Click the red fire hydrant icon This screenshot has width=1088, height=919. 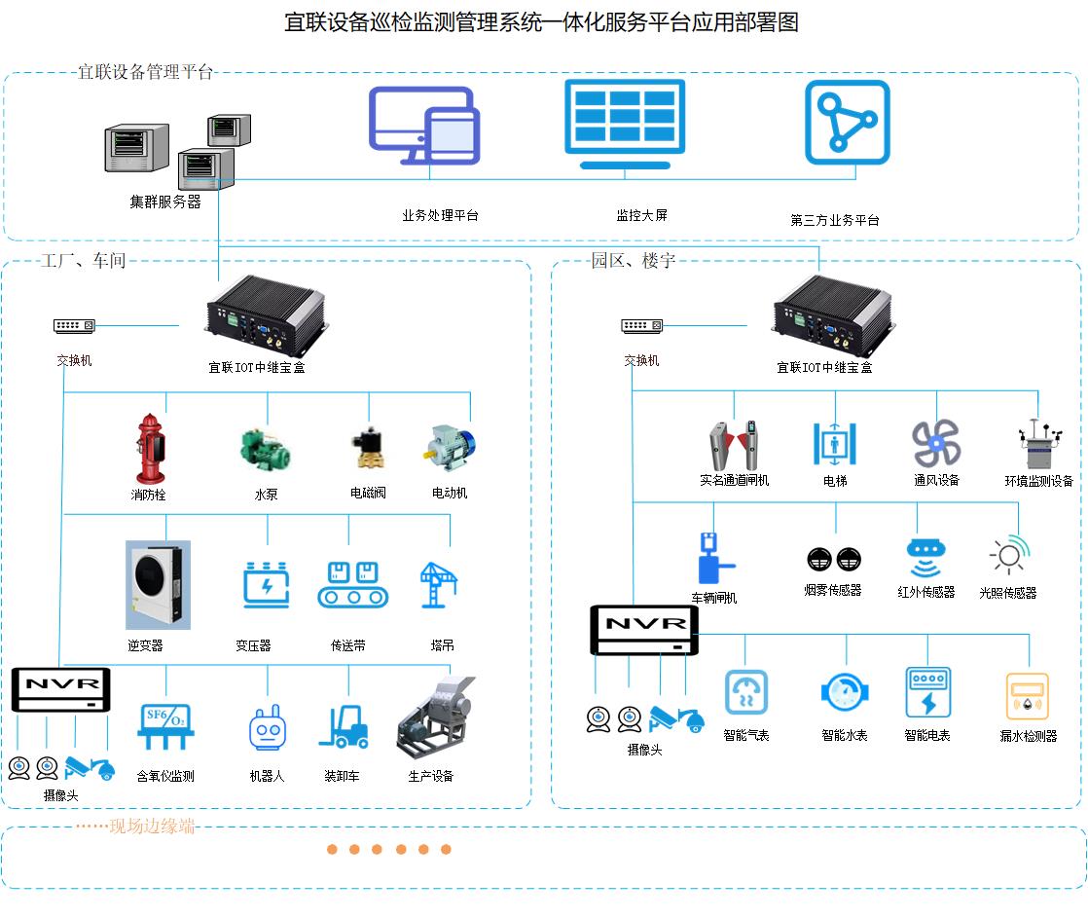point(150,448)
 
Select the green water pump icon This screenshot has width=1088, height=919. point(267,449)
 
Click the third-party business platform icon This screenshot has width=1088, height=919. point(847,123)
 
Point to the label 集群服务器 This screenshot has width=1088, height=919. point(165,202)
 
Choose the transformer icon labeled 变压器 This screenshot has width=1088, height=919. point(266,584)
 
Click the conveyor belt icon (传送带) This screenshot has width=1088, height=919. point(352,584)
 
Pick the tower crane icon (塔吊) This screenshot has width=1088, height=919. point(439,584)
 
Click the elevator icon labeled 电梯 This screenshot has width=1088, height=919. point(835,443)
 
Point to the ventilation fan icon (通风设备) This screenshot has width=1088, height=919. point(936,443)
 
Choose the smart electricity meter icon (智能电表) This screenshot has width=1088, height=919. point(927,692)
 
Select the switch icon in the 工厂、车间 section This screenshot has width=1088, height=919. point(74,325)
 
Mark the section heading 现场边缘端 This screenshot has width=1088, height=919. point(152,827)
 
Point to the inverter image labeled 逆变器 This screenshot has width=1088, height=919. point(158,585)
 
